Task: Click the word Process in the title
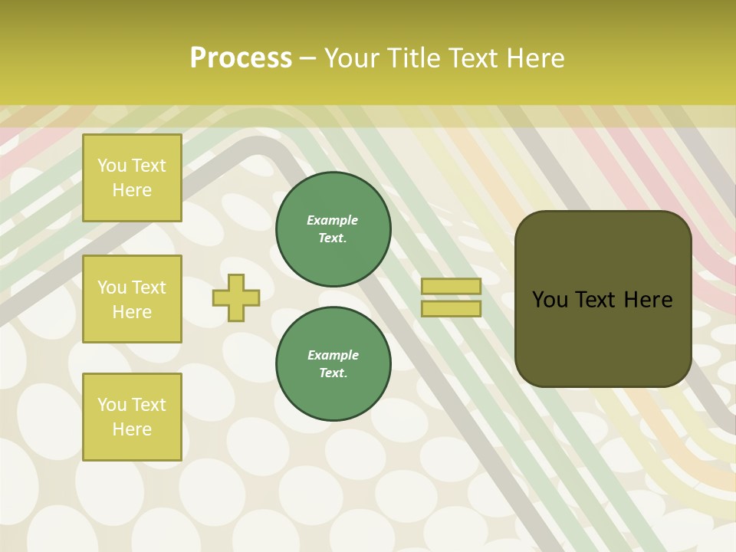click(x=241, y=58)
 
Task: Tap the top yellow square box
click(x=132, y=178)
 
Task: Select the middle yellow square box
click(x=132, y=299)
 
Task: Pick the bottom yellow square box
click(x=132, y=416)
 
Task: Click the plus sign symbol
click(x=236, y=297)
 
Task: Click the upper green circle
click(x=333, y=228)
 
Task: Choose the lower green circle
click(x=333, y=363)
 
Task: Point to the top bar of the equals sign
click(x=451, y=286)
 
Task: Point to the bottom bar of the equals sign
click(x=451, y=308)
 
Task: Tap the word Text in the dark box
click(x=603, y=300)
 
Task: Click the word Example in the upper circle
click(x=333, y=221)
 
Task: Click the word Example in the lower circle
click(x=333, y=356)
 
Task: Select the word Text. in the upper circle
click(x=333, y=238)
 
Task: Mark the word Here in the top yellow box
click(x=132, y=190)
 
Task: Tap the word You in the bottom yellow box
click(x=112, y=405)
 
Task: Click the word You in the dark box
click(x=550, y=300)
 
